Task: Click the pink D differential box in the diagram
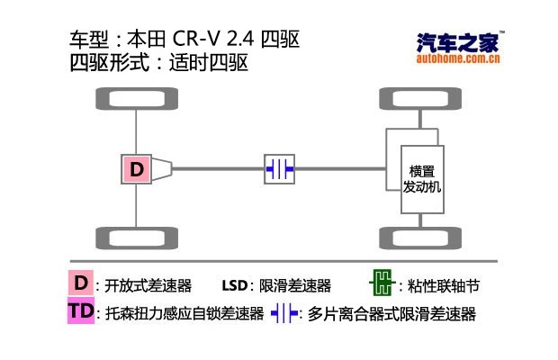(137, 168)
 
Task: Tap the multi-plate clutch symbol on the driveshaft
(279, 168)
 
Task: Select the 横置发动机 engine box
(422, 178)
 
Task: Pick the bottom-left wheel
(137, 238)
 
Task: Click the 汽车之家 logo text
(458, 43)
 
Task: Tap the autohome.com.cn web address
(458, 60)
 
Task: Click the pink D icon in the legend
(81, 283)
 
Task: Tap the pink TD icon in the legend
(80, 311)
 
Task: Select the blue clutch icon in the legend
(284, 313)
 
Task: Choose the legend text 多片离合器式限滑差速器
(391, 314)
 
